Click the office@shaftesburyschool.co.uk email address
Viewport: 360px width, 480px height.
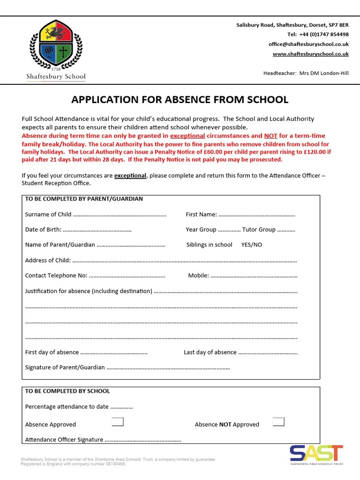click(x=308, y=44)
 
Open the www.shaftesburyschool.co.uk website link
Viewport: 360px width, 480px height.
click(x=310, y=54)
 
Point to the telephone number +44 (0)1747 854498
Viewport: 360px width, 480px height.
click(x=318, y=34)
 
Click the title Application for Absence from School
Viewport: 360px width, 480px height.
click(x=180, y=99)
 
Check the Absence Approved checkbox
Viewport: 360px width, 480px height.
click(x=118, y=422)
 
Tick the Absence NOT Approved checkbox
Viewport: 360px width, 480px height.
click(x=278, y=422)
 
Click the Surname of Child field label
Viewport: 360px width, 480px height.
click(x=48, y=214)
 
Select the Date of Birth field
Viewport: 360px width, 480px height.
click(x=97, y=230)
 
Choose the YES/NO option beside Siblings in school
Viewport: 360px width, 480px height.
click(x=251, y=245)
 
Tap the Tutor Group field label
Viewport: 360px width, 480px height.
click(x=259, y=230)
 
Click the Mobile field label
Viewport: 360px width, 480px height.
click(x=198, y=276)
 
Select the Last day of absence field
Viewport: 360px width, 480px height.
click(x=268, y=352)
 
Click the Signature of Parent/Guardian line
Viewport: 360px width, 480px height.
click(x=168, y=367)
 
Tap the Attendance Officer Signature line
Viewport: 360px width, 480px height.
click(x=143, y=440)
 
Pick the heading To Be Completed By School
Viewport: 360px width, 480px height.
click(x=67, y=391)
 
